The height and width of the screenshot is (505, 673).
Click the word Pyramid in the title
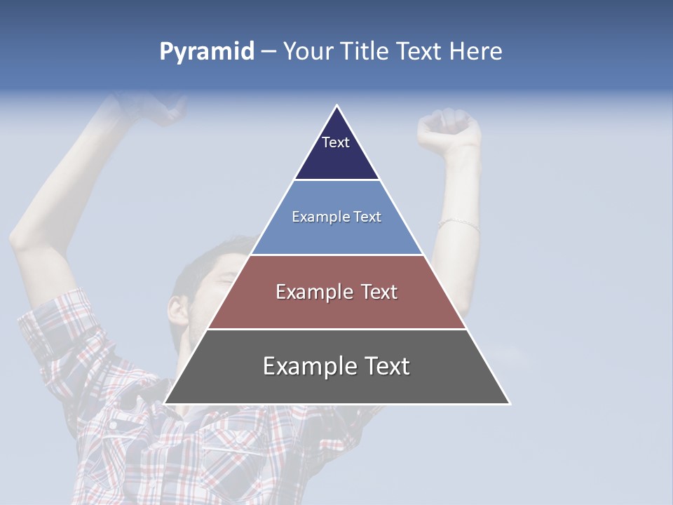coord(206,52)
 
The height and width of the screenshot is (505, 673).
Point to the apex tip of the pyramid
coord(337,107)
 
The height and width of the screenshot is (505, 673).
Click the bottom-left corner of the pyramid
coord(165,403)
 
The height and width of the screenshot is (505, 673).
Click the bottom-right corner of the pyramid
coord(509,403)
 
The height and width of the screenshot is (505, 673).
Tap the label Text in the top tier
coord(335,142)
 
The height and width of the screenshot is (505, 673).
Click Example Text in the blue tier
coord(336,217)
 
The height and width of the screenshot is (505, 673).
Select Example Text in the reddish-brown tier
coord(336,292)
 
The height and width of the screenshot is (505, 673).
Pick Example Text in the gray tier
coord(336,366)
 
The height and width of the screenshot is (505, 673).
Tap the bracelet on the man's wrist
coord(458,224)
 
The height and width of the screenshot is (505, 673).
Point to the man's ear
coord(178,311)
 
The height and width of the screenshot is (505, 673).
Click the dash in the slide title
coord(268,52)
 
